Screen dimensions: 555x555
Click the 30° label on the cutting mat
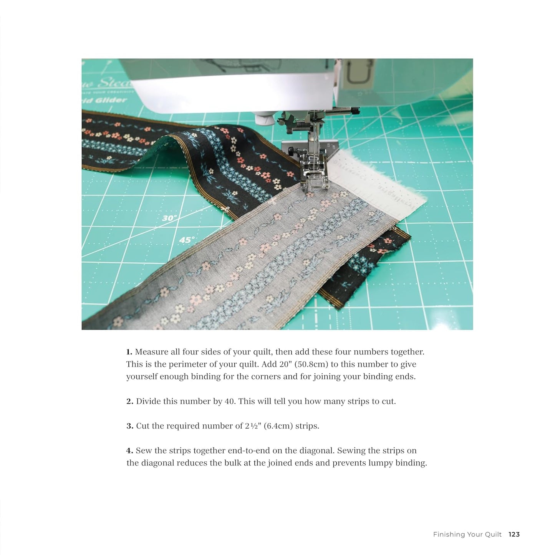coord(169,218)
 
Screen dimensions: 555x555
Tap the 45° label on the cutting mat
coord(187,240)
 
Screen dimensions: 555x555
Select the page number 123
coord(514,534)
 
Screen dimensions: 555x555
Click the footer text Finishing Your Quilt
coord(467,534)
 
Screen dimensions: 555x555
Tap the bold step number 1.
coord(129,352)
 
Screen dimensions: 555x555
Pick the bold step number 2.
coord(130,401)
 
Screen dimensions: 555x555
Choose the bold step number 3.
coord(130,426)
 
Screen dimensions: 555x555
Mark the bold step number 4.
coord(130,451)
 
